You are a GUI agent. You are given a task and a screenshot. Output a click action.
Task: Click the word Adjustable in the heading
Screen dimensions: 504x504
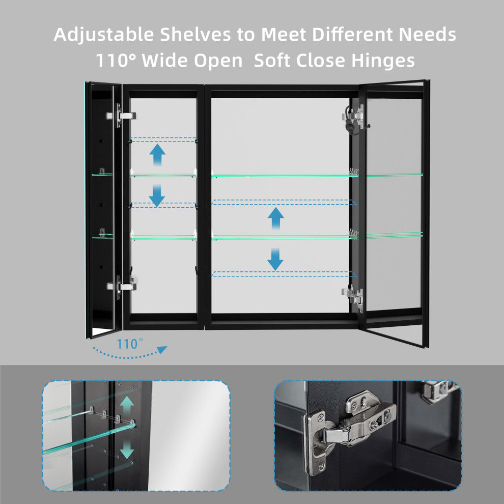coord(104,35)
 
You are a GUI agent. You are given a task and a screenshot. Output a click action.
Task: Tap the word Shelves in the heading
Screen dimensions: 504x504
coord(195,34)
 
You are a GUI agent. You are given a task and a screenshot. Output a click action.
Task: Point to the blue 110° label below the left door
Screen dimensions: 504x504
coord(129,344)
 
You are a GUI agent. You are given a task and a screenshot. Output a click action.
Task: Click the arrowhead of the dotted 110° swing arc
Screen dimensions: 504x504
coord(162,349)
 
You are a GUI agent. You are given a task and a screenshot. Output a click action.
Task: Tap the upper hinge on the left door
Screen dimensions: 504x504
coord(122,116)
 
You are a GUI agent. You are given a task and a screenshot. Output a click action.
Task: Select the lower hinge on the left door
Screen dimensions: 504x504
coord(122,286)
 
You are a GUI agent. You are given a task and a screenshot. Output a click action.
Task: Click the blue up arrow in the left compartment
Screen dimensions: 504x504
coord(157,155)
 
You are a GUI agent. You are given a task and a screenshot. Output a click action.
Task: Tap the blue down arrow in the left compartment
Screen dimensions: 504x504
coord(157,195)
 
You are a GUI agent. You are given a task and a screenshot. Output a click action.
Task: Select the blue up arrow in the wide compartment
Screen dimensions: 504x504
coord(275,218)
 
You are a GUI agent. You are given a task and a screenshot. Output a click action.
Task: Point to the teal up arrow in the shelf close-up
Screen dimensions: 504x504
coord(127,405)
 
